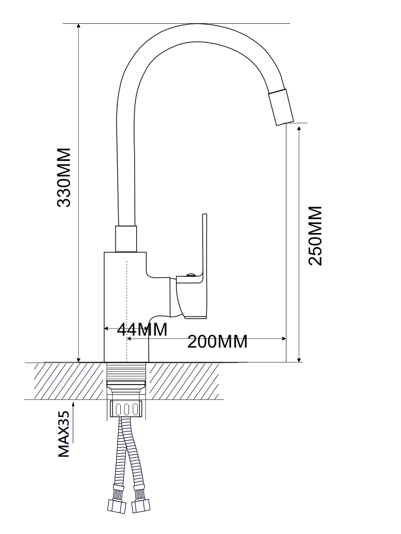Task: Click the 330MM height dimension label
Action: pos(64,177)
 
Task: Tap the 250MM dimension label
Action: pos(315,236)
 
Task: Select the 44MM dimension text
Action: pos(142,329)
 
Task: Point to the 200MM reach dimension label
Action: pos(217,342)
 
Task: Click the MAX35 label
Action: pos(64,433)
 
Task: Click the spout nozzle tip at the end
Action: pos(281,107)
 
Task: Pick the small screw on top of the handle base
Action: pos(190,275)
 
